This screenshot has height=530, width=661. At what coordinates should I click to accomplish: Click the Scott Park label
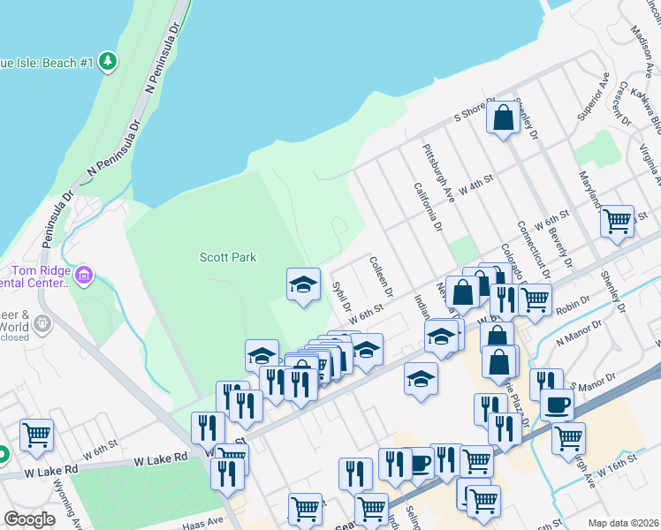pos(228,257)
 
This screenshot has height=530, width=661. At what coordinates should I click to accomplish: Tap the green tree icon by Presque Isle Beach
pos(107,61)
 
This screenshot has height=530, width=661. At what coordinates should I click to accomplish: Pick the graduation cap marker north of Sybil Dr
pos(303,284)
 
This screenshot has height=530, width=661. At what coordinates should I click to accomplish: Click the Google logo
pos(29,519)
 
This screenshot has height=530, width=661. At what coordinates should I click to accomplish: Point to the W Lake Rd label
pos(161,459)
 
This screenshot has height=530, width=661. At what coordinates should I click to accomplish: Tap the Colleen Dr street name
pos(382,276)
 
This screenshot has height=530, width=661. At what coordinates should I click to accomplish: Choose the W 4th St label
pos(475,186)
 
